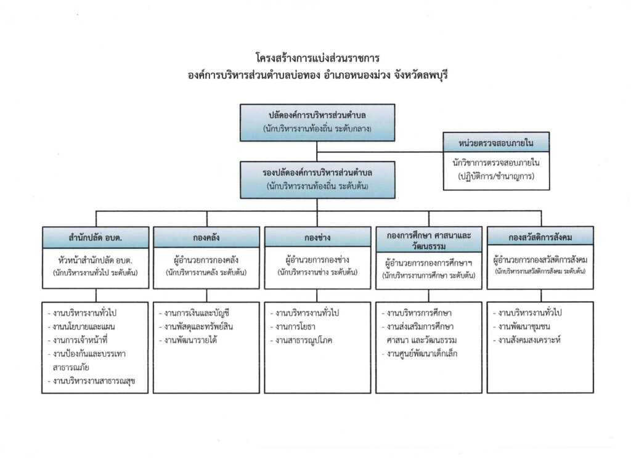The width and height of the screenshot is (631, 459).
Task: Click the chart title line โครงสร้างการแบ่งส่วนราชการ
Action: [x=317, y=59]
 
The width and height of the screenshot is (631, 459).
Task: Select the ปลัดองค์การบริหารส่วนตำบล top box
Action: [x=317, y=123]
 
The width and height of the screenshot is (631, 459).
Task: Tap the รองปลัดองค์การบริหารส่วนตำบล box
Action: [x=317, y=180]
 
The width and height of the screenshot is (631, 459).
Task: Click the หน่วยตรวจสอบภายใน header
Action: [x=496, y=142]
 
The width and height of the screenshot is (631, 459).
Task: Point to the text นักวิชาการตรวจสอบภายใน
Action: [x=496, y=163]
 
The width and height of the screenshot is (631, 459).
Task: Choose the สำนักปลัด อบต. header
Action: [x=96, y=237]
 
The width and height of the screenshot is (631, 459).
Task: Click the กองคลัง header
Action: [x=206, y=237]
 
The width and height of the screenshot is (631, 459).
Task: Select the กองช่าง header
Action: [x=317, y=237]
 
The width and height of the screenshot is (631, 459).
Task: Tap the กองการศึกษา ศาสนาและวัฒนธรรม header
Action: [x=429, y=240]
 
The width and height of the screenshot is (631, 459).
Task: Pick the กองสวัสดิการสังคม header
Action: [x=540, y=237]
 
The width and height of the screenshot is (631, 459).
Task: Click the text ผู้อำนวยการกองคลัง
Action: [x=206, y=260]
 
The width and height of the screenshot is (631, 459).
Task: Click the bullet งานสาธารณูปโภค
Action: [x=301, y=340]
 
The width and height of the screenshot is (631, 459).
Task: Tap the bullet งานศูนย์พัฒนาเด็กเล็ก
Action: [x=420, y=354]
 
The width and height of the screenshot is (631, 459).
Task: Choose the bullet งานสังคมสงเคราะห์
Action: [x=527, y=340]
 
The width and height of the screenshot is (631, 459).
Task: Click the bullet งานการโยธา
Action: [x=293, y=327]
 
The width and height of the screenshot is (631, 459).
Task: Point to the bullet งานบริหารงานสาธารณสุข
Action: [x=92, y=381]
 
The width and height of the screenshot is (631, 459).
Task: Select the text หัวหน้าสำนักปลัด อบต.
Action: [x=96, y=260]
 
